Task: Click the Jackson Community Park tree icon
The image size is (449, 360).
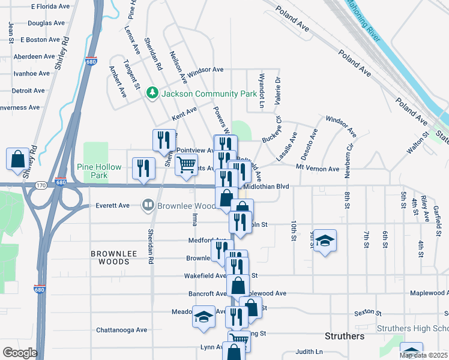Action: pyautogui.click(x=152, y=92)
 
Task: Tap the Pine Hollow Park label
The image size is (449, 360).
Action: pyautogui.click(x=99, y=171)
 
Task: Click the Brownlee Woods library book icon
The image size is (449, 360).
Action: pyautogui.click(x=148, y=205)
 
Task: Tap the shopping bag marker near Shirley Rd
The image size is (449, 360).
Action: pyautogui.click(x=17, y=160)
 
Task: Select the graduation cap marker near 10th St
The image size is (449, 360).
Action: pyautogui.click(x=324, y=241)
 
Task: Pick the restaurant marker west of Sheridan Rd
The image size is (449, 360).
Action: pyautogui.click(x=143, y=168)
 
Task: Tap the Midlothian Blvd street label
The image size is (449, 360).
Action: pyautogui.click(x=268, y=187)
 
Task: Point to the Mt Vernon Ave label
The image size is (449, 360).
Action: pyautogui.click(x=318, y=169)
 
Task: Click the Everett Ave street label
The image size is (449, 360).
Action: pyautogui.click(x=113, y=205)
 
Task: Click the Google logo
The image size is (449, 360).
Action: pyautogui.click(x=19, y=353)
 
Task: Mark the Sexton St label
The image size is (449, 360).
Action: pyautogui.click(x=367, y=313)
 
